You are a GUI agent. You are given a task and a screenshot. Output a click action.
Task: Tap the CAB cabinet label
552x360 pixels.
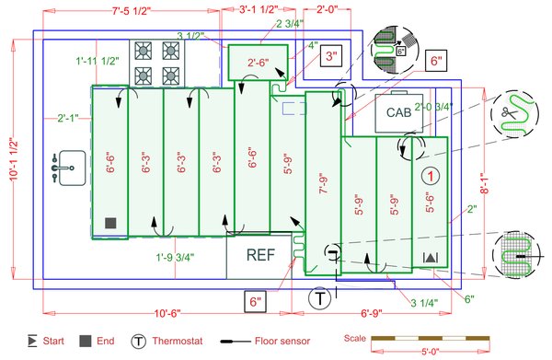[397, 112]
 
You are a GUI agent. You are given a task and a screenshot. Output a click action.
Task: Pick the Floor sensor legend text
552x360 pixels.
[279, 342]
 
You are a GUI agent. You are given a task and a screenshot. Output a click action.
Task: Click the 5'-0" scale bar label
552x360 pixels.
[430, 351]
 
